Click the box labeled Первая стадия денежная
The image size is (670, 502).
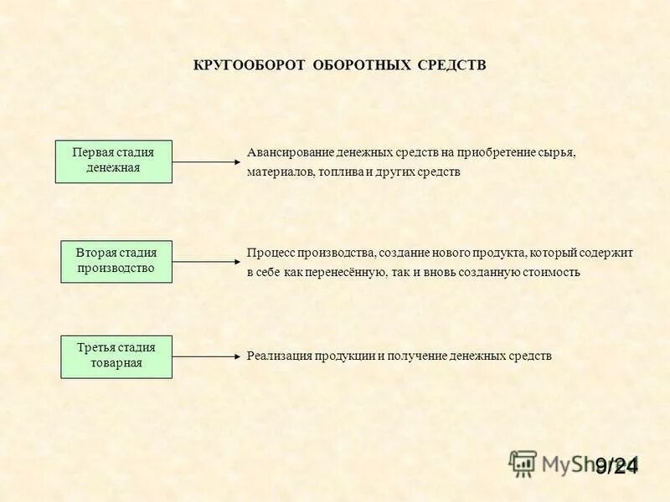pos(113,161)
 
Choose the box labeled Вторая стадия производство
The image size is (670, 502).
pos(116,261)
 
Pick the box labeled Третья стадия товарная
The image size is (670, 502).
pos(116,356)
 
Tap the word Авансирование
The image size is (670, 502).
pos(289,154)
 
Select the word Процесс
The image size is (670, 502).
pos(269,253)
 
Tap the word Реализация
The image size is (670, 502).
pos(279,356)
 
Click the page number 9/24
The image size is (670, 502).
pos(616,465)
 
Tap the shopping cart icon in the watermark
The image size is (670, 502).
pos(523,463)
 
